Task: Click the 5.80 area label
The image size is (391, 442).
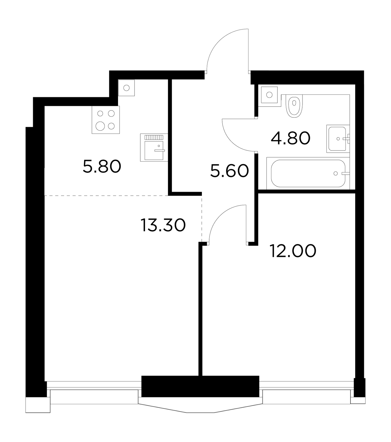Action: coord(102,167)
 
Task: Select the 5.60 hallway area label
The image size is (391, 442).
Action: coord(229,171)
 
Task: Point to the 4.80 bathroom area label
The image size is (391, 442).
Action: coord(291,138)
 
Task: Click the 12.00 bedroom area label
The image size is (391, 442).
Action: coord(293,251)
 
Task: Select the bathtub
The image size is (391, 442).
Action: coord(308,173)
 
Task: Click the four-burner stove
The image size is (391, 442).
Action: coord(106,120)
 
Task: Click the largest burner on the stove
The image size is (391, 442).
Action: coord(100,127)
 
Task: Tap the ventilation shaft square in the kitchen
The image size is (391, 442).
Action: coord(126,88)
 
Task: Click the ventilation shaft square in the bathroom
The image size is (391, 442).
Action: coord(269,95)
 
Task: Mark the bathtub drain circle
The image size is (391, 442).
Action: coord(335,173)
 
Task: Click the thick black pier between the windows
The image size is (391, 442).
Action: coord(200,386)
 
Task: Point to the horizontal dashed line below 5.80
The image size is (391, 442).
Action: coord(106,196)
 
